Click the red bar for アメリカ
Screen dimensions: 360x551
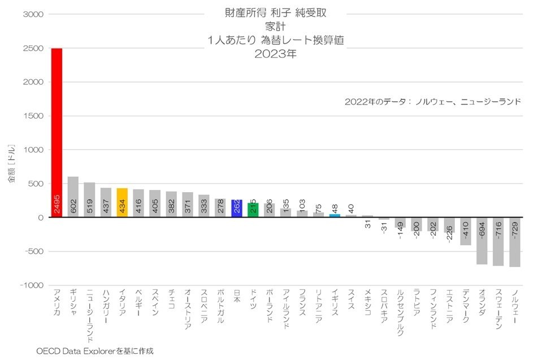(x=57, y=133)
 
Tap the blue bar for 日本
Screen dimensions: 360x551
(x=237, y=208)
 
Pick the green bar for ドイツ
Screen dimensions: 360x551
(x=253, y=210)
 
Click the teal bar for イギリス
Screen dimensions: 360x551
(x=335, y=215)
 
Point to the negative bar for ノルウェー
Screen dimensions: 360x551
(x=515, y=242)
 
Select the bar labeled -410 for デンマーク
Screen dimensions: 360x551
(x=466, y=231)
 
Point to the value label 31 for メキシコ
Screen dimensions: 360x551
(x=368, y=224)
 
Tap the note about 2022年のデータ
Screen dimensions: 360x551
(x=432, y=102)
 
